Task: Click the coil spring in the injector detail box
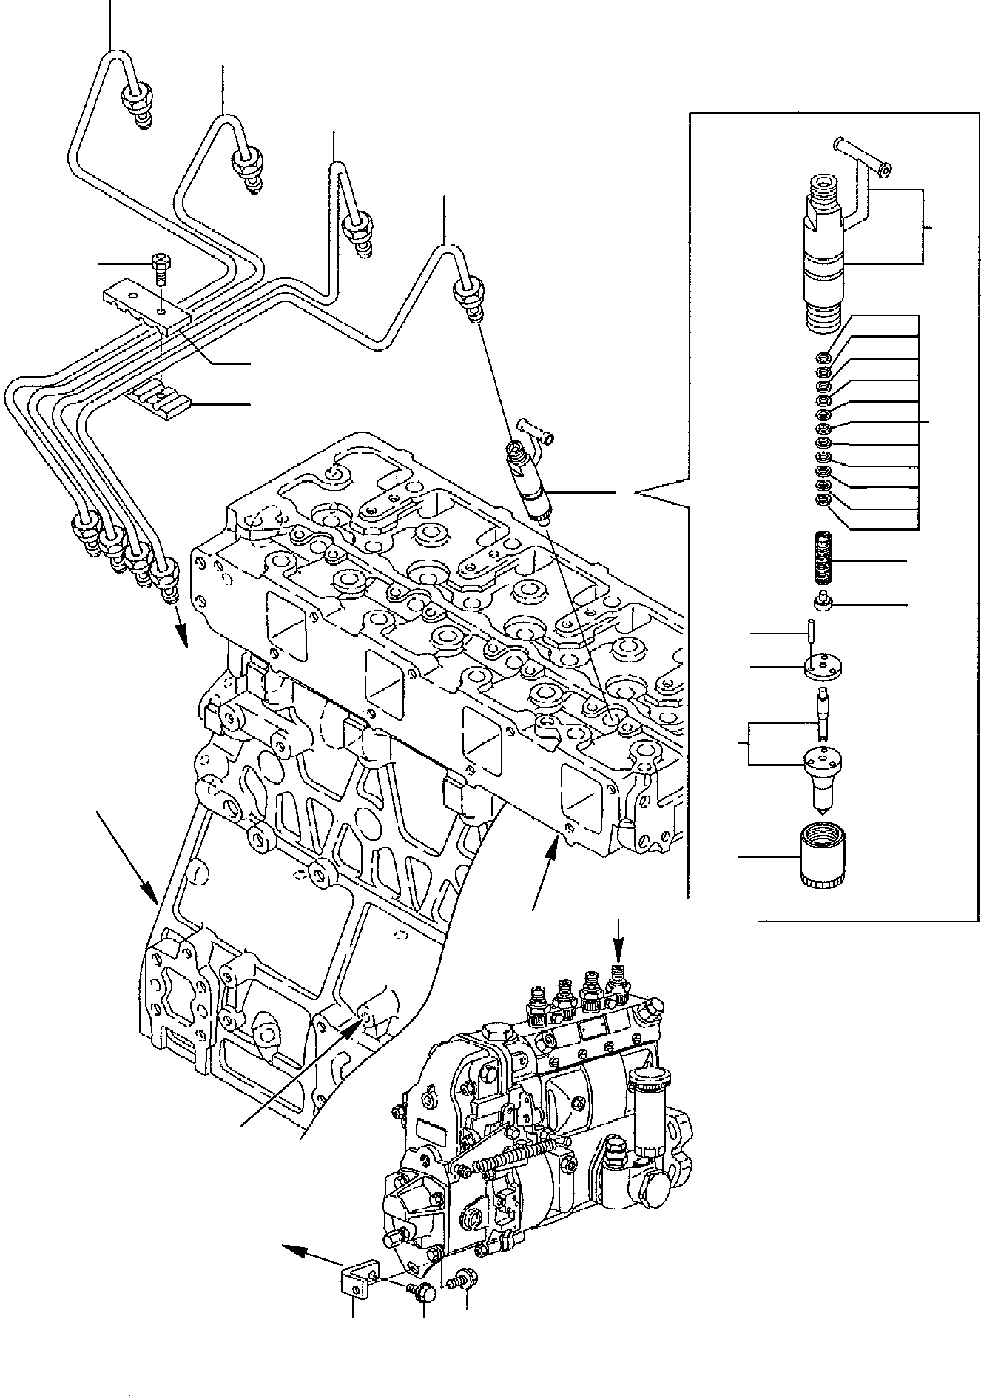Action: tap(823, 563)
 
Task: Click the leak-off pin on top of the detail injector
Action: tap(862, 155)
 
